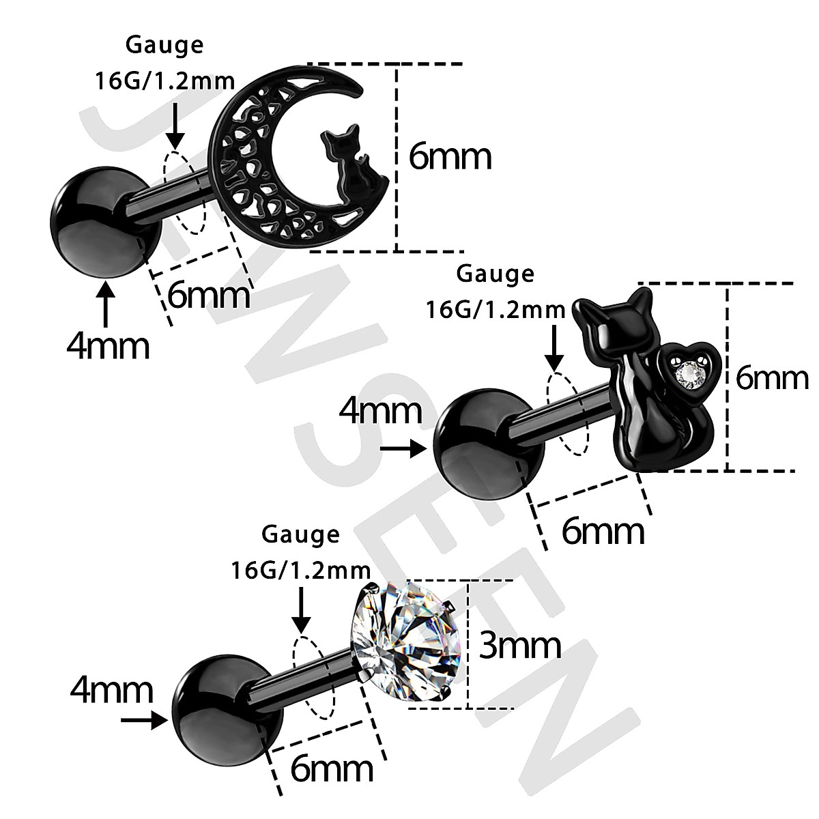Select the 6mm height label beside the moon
pyautogui.click(x=450, y=157)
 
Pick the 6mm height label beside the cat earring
pyautogui.click(x=771, y=378)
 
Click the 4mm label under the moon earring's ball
pyautogui.click(x=108, y=346)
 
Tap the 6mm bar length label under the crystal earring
pyautogui.click(x=332, y=769)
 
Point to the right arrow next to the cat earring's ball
pyautogui.click(x=403, y=448)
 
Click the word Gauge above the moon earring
pyautogui.click(x=164, y=46)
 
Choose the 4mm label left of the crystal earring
pyautogui.click(x=111, y=691)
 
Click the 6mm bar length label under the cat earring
pyautogui.click(x=603, y=532)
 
